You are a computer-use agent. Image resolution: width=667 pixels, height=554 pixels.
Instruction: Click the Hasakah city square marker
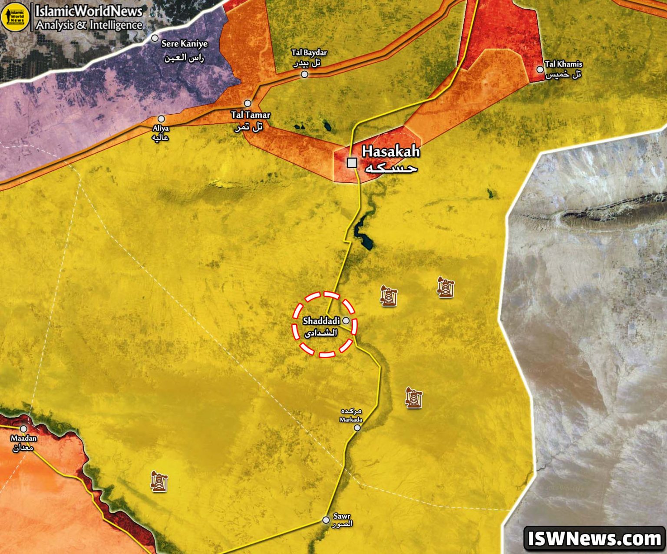coord(352,163)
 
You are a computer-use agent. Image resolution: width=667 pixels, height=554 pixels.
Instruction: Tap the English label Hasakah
coord(391,152)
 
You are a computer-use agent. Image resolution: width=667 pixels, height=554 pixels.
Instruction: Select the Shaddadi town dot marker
coord(346,320)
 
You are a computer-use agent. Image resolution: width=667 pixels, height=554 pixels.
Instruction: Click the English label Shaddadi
coord(321,321)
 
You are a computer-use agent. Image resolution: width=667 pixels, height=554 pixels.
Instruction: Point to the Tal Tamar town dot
coord(248,103)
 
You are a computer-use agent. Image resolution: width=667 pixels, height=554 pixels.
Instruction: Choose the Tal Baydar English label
coord(309,53)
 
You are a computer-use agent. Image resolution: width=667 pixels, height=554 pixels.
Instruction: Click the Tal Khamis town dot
coord(540,69)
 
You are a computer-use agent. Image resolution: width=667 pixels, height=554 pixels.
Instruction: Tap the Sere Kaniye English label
coord(185,44)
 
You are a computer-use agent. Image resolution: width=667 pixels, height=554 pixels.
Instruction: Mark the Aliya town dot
coord(161,119)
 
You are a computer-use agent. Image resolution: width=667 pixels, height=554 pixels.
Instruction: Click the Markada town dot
coord(357,428)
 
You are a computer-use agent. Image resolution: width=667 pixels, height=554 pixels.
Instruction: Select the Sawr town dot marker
coord(326,520)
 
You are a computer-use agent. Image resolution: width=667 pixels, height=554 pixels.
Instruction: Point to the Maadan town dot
coord(23,429)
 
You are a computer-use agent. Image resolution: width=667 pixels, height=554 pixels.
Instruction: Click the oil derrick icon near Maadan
coord(159,481)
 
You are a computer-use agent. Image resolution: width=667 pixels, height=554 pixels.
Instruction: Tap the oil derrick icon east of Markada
coord(414,397)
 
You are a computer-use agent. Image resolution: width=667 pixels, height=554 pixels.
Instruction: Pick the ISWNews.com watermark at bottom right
coord(594,539)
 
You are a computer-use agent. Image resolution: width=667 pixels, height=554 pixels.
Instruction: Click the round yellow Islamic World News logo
coord(15,17)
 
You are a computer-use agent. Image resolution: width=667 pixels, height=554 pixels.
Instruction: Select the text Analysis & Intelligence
coord(89,25)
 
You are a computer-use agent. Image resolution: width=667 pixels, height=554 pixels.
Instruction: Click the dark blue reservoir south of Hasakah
coord(363,234)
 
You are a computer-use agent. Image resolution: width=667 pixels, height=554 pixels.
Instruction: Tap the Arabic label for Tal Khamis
coord(563,75)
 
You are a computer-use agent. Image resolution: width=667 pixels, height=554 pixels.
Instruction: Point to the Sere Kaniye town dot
coord(155,38)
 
